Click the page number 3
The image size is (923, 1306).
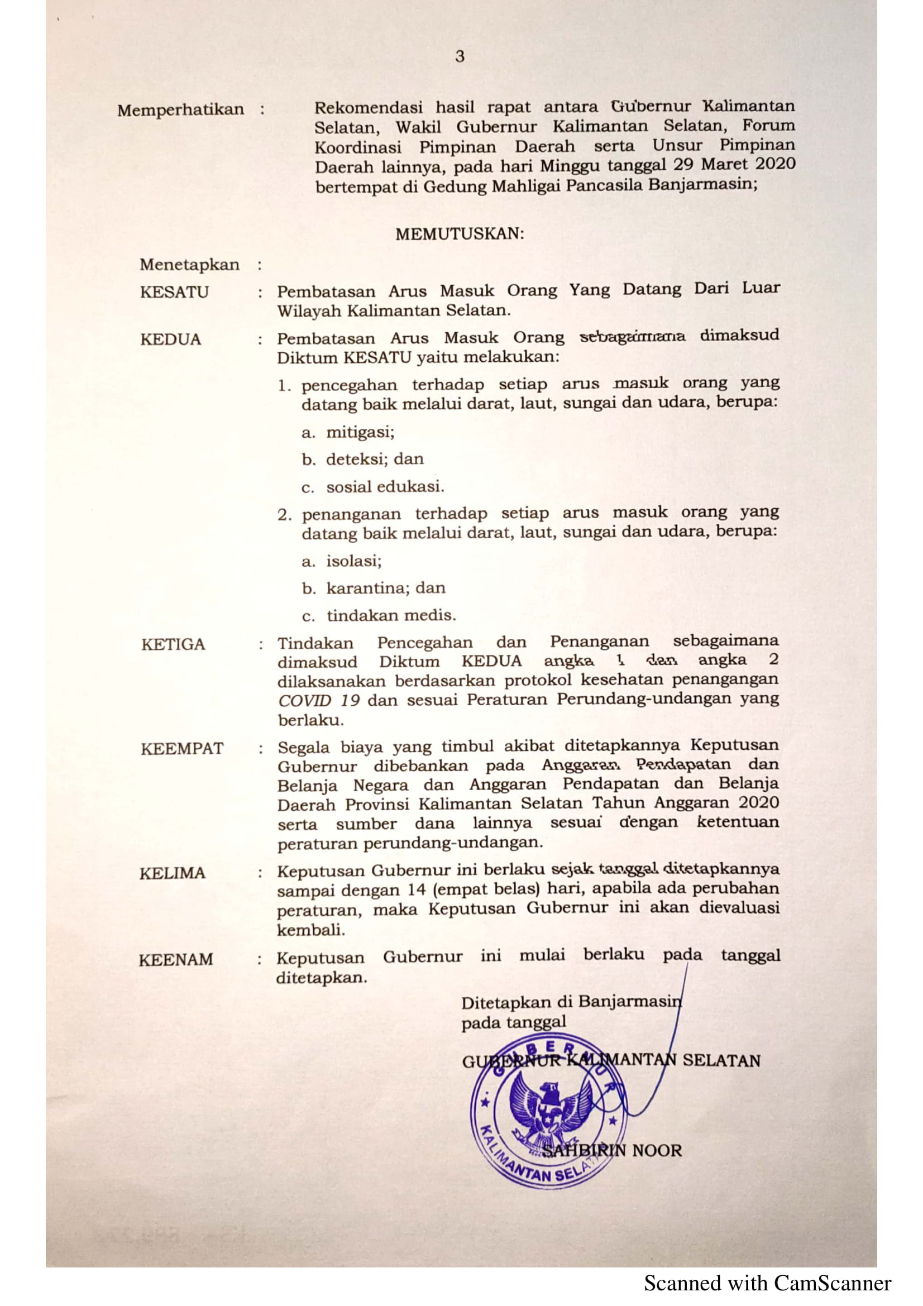pos(460,56)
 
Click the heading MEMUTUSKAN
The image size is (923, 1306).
pos(460,234)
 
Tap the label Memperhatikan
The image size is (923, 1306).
pos(180,109)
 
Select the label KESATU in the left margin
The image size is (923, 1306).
pos(175,293)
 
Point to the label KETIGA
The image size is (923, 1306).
pos(173,644)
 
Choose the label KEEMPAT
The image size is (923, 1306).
pos(182,749)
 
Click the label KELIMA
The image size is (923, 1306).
pos(173,873)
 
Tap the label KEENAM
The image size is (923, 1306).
pos(176,960)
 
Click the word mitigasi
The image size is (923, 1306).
pos(360,432)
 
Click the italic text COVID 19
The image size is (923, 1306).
pos(318,700)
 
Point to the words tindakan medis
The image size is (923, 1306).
pos(391,615)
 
